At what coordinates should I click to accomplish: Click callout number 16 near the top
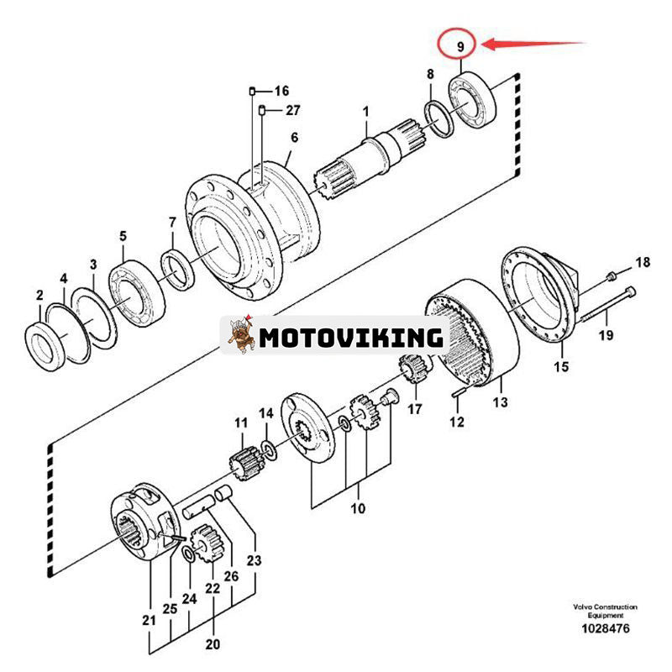(x=281, y=91)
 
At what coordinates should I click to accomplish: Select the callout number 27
(x=291, y=110)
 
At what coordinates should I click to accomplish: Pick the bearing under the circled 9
(x=475, y=102)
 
